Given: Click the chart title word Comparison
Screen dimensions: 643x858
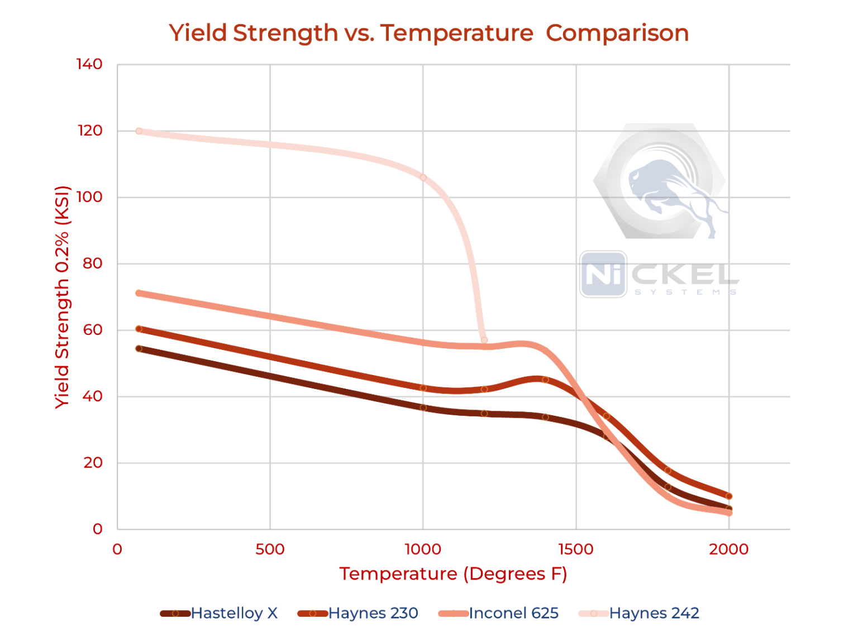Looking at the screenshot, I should tap(617, 33).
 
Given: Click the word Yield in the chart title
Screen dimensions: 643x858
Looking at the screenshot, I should tap(198, 33).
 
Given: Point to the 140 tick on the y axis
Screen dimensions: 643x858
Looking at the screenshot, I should tap(89, 64).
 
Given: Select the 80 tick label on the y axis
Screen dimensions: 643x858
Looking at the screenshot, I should tap(93, 263).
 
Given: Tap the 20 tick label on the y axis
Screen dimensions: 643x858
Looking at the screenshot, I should tap(93, 463).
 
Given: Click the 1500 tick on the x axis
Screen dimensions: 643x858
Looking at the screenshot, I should tap(575, 549).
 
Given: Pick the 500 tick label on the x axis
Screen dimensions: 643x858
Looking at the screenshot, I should tap(270, 549).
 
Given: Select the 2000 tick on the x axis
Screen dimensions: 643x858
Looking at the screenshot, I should tap(728, 549).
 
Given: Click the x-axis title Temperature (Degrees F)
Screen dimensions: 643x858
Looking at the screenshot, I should tap(453, 574).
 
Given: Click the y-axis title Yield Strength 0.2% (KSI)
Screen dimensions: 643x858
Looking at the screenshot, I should tap(62, 297).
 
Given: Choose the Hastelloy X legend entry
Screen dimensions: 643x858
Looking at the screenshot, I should tap(220, 613).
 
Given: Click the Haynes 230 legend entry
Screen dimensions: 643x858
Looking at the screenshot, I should tap(358, 613).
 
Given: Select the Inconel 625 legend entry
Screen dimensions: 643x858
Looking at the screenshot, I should tap(499, 613).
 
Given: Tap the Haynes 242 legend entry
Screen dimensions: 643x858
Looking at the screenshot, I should tap(639, 613).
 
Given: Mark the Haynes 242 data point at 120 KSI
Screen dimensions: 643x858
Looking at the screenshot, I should tap(139, 131).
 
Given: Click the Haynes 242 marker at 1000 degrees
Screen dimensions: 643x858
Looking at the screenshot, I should tap(423, 177).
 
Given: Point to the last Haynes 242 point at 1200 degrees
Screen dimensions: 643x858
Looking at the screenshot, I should tap(484, 340).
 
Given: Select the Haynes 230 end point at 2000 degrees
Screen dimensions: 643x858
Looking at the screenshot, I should tap(728, 496).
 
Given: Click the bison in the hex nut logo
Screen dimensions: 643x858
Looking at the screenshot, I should tap(665, 187).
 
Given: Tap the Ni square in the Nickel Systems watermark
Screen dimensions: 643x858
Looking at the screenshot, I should tap(603, 274).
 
